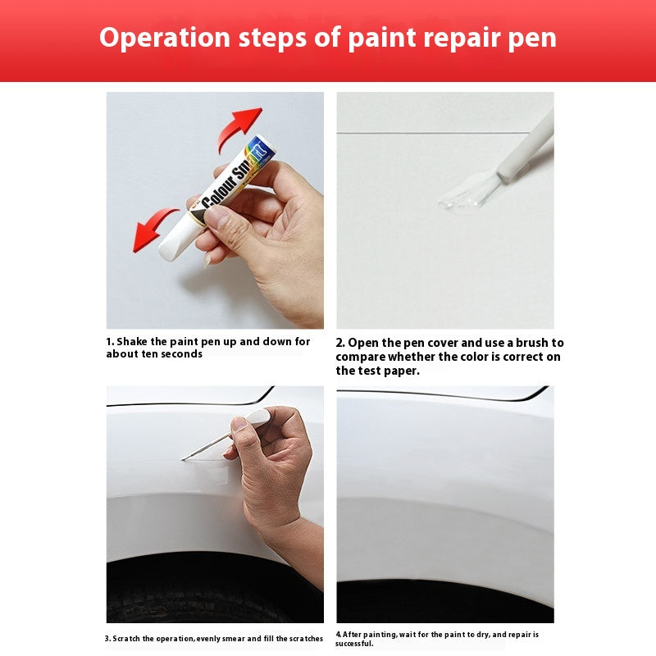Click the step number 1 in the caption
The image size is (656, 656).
pyautogui.click(x=109, y=341)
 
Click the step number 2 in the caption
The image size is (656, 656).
pyautogui.click(x=340, y=343)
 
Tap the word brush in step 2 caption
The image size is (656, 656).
pyautogui.click(x=538, y=343)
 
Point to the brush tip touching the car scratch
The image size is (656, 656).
pyautogui.click(x=184, y=458)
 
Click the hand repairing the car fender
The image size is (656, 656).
pyautogui.click(x=271, y=467)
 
